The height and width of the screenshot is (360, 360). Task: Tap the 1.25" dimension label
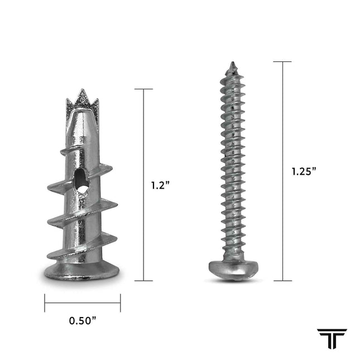point(304,171)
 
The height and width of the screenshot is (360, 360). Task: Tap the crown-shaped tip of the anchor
point(82,100)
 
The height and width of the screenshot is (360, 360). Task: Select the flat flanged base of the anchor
point(82,272)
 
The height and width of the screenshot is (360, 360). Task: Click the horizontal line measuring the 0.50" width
point(82,303)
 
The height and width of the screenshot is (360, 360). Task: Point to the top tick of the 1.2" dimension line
point(143,89)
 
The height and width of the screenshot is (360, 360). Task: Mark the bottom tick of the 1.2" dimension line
point(143,280)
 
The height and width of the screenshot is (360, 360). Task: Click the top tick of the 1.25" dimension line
point(282,62)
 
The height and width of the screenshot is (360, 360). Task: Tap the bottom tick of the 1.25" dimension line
point(282,280)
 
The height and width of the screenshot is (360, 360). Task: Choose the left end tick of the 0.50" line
point(45,303)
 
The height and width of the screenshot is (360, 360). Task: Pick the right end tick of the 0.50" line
point(120,303)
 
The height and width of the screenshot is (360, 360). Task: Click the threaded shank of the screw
point(232,167)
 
